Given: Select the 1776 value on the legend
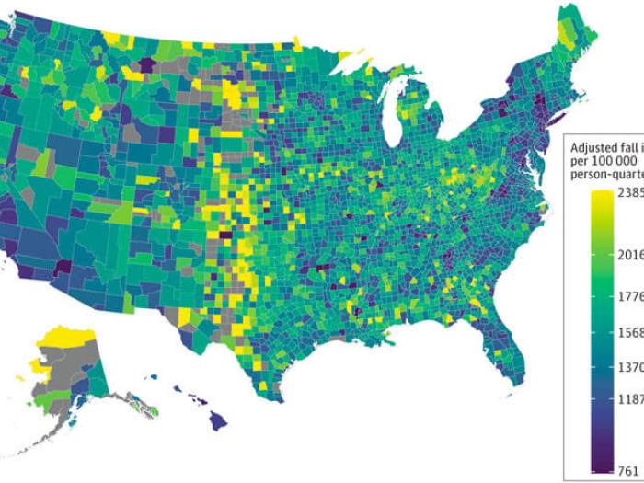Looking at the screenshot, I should pyautogui.click(x=629, y=296).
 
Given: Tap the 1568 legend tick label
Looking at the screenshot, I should pyautogui.click(x=629, y=332).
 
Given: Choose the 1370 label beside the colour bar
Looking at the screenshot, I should pyautogui.click(x=629, y=366).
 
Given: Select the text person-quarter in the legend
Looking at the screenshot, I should pyautogui.click(x=607, y=175).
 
